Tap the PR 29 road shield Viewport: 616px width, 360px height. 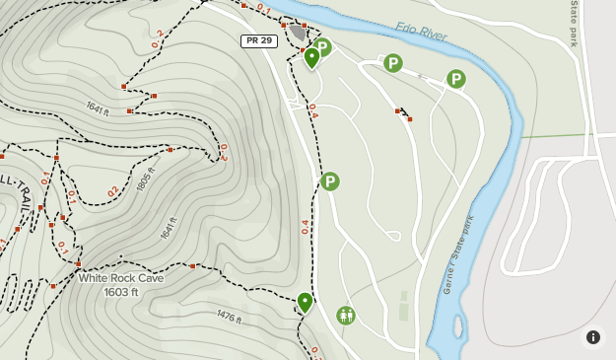(x=257, y=40)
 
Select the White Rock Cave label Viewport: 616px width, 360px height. (x=121, y=278)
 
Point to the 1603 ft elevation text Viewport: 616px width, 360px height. (x=121, y=292)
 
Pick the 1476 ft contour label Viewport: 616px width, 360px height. (x=228, y=316)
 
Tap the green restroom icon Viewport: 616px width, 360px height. (x=345, y=316)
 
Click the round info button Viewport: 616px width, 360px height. (x=593, y=337)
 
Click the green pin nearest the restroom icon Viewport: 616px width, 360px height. (x=305, y=301)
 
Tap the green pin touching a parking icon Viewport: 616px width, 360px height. (x=311, y=57)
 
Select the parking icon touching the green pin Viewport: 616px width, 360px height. (x=323, y=46)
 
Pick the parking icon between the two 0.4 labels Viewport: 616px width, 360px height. (x=330, y=181)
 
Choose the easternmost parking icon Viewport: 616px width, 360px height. (x=455, y=79)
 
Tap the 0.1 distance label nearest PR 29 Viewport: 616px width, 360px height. (x=262, y=9)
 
